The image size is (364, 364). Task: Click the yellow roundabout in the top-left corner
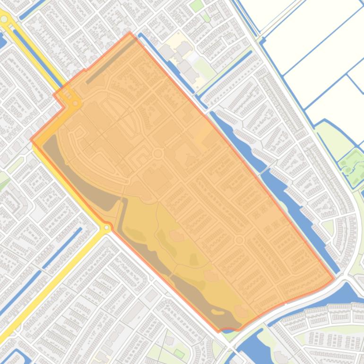[x=5, y=19]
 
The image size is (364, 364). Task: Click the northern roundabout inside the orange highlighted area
[x=158, y=154]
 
